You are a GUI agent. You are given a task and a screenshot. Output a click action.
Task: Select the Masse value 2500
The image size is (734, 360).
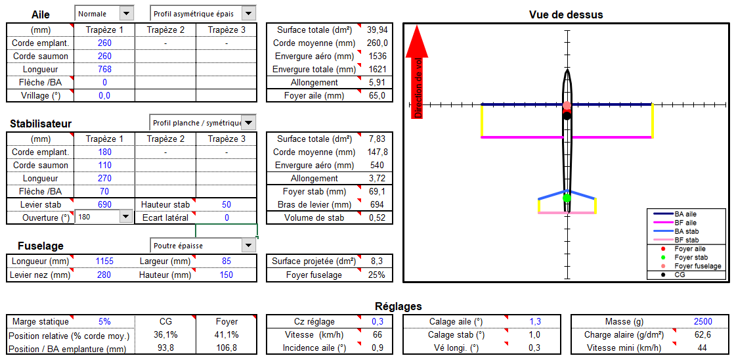703,321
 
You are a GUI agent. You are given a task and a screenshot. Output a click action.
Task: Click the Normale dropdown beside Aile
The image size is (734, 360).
104,14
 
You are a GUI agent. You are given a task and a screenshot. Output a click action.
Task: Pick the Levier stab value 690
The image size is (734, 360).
105,204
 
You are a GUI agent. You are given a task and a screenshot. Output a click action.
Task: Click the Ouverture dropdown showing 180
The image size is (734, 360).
104,217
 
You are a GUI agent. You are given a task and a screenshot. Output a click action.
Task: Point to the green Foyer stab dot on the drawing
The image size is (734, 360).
567,198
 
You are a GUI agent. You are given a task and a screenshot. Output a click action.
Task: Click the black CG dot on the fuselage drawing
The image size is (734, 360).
567,116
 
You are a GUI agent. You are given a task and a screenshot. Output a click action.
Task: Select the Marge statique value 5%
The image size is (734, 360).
104,322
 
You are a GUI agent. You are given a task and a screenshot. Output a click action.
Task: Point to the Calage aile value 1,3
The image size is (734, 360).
535,321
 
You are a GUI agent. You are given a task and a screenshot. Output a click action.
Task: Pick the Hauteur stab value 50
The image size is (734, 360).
226,204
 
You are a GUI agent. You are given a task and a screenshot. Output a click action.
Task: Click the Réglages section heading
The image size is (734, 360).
399,307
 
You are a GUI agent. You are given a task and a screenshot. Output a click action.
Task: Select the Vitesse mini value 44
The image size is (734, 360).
703,348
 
